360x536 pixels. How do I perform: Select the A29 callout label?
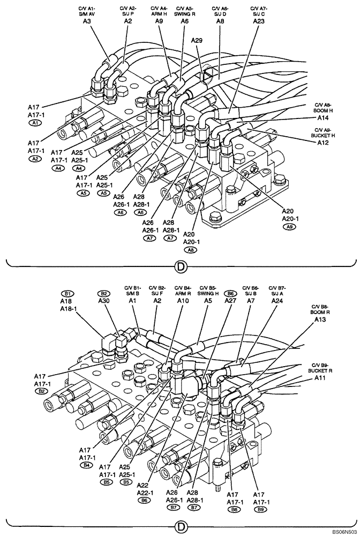pyautogui.click(x=197, y=40)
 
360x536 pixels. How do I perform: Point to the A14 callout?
pyautogui.click(x=323, y=117)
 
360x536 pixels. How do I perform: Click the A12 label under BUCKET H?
pyautogui.click(x=323, y=143)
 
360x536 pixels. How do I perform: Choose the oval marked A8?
pyautogui.click(x=190, y=249)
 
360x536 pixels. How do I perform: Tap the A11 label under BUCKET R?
pyautogui.click(x=320, y=378)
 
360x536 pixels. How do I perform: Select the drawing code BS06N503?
pyautogui.click(x=343, y=531)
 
